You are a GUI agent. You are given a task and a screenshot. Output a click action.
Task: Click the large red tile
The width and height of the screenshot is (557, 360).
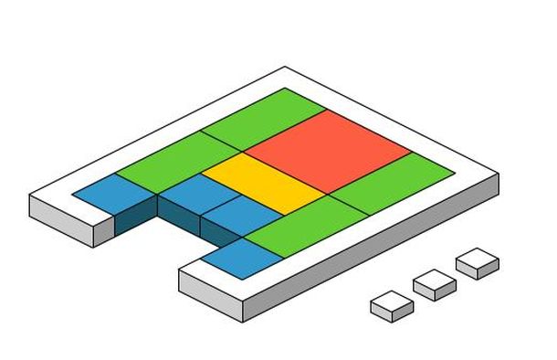tap(329, 147)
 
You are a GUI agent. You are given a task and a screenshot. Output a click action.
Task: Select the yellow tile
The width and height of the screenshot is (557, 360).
tap(264, 183)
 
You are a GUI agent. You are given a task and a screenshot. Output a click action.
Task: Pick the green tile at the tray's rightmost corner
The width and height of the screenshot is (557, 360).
tap(393, 183)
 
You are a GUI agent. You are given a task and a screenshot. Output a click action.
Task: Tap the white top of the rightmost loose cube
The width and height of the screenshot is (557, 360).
tap(477, 258)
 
